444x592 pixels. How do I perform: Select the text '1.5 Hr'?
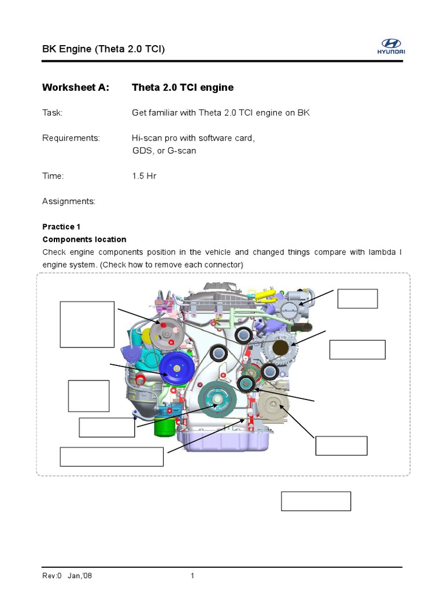[x=144, y=176]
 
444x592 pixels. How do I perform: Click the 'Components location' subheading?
[x=84, y=239]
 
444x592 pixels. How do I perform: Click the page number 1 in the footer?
[x=193, y=576]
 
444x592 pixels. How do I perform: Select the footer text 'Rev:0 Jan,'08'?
[x=68, y=576]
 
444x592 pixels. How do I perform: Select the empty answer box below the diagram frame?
[x=316, y=501]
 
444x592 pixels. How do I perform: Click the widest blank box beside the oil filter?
[x=112, y=457]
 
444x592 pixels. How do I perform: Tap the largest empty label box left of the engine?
[x=87, y=324]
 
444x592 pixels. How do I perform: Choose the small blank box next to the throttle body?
[x=358, y=299]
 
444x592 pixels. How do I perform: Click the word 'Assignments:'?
[x=69, y=201]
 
